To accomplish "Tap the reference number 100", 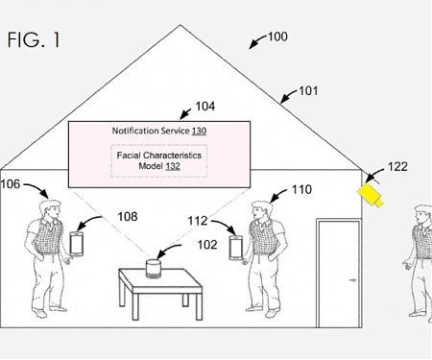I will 276,37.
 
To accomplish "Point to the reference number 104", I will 204,107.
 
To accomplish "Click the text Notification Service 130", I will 159,131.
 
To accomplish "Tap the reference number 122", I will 396,167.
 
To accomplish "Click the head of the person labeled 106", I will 49,205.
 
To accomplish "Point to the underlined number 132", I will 171,165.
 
